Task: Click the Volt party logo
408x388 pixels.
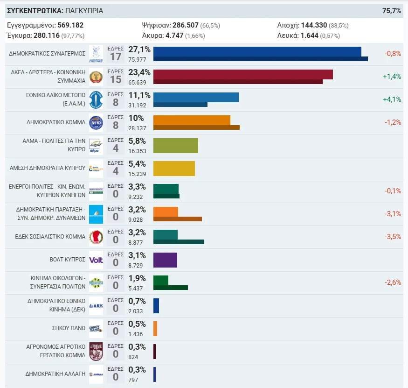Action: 96,260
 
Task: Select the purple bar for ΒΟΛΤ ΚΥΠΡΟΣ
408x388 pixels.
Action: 165,260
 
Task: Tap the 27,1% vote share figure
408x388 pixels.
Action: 139,49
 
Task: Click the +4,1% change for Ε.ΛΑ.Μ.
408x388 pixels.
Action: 392,99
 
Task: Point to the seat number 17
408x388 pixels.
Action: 116,57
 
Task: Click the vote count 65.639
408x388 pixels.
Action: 137,83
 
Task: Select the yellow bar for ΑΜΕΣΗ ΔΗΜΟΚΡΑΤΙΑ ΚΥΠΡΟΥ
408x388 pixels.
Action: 174,169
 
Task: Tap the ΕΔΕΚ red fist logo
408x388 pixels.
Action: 96,237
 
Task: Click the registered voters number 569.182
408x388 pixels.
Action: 70,25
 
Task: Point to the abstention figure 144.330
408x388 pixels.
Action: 314,25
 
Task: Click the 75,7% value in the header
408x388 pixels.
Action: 392,11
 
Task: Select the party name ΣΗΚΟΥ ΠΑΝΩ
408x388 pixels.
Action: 69,328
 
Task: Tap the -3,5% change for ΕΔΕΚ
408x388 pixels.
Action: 393,237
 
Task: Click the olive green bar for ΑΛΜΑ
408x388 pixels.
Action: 176,146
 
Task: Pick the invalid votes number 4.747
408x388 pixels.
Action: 174,35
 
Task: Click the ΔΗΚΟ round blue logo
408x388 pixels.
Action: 96,123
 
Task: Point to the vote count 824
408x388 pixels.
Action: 133,357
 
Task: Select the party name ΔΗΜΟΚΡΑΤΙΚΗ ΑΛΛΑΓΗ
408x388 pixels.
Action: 55,374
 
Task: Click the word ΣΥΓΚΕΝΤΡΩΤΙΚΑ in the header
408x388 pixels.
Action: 35,11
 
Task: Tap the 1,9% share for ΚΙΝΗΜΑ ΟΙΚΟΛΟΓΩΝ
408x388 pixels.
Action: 137,278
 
